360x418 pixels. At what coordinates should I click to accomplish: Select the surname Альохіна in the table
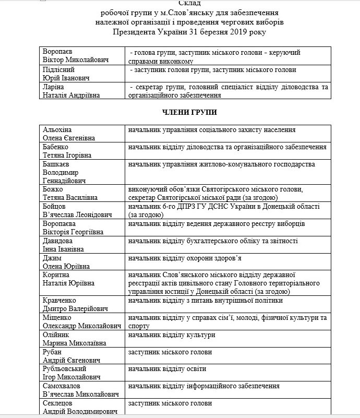coord(58,130)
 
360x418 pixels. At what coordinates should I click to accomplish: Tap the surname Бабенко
coord(57,148)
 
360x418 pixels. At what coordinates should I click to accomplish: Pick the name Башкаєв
coord(58,164)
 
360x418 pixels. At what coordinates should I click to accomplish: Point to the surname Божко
coord(54,189)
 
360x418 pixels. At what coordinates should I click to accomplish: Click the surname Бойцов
coord(56,207)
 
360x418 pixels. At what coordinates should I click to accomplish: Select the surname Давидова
coord(58,241)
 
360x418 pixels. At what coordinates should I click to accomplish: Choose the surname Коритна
coord(57,275)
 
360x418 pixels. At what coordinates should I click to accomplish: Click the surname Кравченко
coord(60,301)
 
